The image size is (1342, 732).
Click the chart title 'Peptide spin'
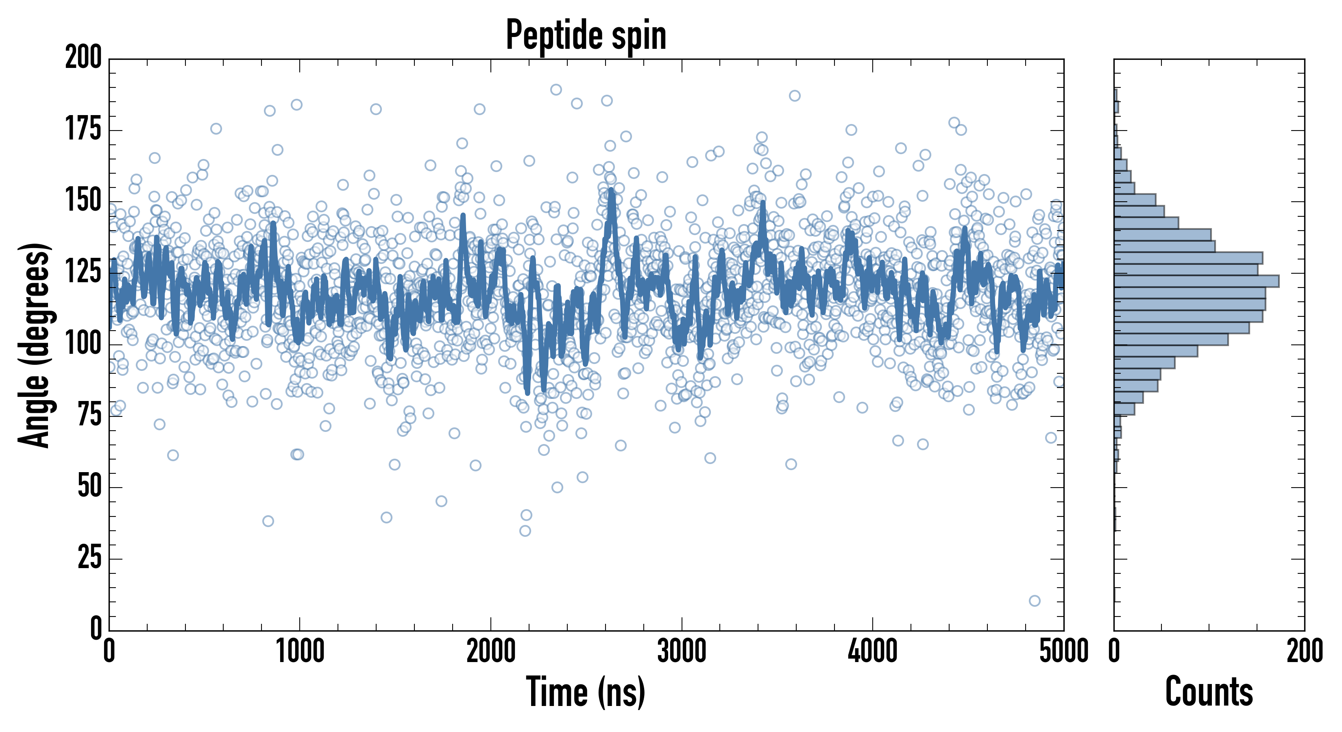coord(586,35)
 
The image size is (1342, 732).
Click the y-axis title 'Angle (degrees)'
coord(35,345)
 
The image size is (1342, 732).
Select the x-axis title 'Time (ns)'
coord(586,692)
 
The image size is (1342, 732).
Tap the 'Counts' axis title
coord(1209,692)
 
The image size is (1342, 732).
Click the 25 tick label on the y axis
coord(89,558)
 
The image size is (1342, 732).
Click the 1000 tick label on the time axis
coord(300,651)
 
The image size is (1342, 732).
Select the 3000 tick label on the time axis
coord(682,651)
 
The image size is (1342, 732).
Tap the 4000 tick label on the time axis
coord(873,651)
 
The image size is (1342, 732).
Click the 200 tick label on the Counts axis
coord(1305,651)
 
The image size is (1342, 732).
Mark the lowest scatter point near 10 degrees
coord(1035,601)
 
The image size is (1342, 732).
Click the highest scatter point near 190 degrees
coord(556,89)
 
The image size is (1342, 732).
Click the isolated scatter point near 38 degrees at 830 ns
coord(268,521)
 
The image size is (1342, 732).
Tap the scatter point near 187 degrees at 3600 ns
coord(795,96)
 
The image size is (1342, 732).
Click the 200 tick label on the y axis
coord(83,58)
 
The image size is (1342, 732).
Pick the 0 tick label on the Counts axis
coord(1114,651)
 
